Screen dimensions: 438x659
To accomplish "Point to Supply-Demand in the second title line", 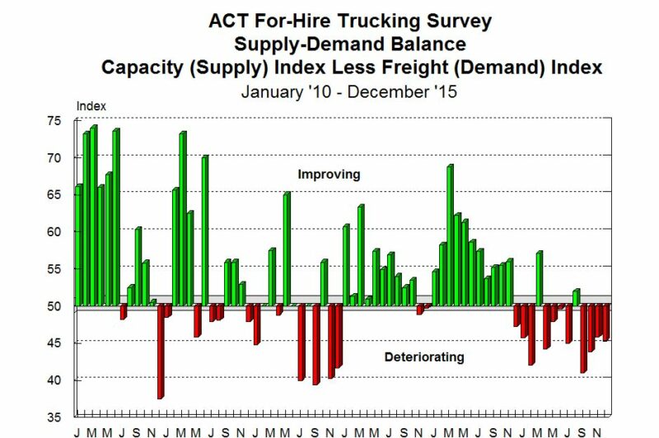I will tap(290, 44).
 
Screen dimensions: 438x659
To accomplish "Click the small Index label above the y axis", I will tap(91, 106).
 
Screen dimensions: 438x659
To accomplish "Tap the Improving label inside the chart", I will tap(329, 175).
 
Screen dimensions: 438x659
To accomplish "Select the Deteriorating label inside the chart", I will tap(424, 357).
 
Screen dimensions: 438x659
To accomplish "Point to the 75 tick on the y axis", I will tap(54, 120).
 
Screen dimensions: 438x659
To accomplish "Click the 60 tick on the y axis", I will tap(54, 232).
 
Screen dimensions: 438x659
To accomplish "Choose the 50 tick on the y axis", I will tap(54, 306).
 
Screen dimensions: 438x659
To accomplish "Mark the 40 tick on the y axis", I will tap(54, 380).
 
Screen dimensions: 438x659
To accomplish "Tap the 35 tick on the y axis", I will tap(54, 417).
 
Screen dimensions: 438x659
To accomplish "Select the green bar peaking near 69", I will tap(450, 235).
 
